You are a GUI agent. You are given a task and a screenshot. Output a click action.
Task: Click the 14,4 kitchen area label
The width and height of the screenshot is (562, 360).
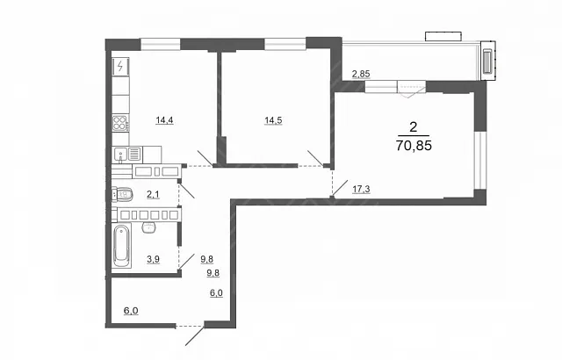(164, 120)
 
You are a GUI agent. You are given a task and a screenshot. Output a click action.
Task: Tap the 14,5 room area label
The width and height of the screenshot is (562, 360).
(273, 120)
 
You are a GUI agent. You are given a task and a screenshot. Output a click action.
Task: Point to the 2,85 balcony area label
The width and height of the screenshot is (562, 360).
(361, 74)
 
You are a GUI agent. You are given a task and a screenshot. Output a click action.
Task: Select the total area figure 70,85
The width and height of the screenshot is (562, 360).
(414, 146)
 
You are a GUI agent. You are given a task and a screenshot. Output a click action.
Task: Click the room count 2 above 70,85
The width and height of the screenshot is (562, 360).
(414, 126)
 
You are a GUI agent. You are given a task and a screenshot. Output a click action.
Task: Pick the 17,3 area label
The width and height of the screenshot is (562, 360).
(361, 189)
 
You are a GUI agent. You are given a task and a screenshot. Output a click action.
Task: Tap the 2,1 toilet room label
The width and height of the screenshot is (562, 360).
(153, 195)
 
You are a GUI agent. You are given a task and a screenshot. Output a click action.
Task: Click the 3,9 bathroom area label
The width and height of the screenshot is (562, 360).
(153, 259)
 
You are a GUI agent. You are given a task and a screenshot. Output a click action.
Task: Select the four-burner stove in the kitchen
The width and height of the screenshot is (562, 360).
(119, 123)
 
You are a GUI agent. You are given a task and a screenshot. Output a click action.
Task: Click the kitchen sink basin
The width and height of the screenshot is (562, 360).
(120, 155)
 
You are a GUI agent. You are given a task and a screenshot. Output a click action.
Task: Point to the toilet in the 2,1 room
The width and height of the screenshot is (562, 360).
(122, 195)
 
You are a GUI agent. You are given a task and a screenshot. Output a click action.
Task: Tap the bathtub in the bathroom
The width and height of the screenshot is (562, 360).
(121, 246)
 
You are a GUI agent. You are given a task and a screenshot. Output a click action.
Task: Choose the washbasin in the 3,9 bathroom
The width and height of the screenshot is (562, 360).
(148, 227)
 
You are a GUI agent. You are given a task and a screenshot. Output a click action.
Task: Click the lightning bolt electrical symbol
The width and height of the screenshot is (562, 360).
(120, 66)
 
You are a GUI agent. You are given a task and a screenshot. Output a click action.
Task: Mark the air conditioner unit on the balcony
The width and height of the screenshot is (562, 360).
(487, 61)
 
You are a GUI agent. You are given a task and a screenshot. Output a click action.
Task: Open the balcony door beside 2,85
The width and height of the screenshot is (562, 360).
(412, 89)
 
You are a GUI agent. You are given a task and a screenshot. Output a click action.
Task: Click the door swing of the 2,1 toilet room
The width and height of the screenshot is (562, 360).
(186, 191)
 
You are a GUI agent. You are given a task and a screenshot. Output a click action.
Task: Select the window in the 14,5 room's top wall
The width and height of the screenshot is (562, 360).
(285, 44)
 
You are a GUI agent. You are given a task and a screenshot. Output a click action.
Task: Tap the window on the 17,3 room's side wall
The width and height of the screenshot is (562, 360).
(480, 160)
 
